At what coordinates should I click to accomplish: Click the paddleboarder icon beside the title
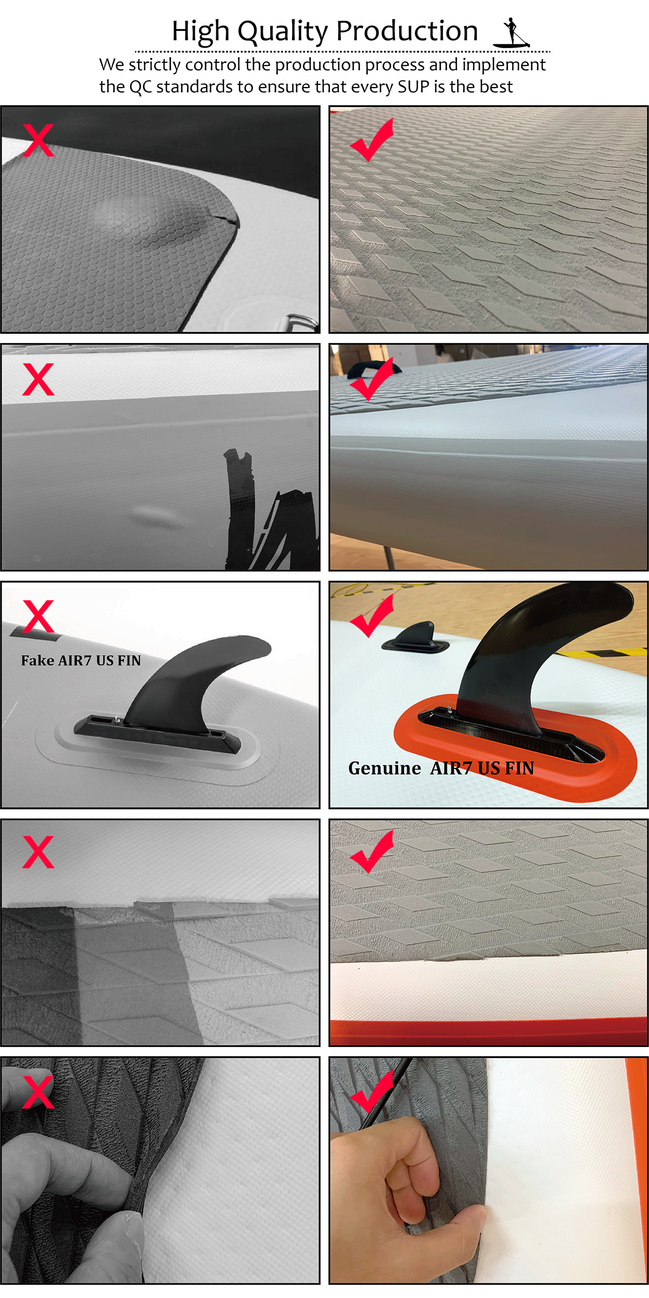click(512, 32)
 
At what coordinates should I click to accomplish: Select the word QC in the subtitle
click(141, 87)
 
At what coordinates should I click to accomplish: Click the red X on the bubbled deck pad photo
click(38, 141)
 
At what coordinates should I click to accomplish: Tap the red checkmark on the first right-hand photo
click(372, 140)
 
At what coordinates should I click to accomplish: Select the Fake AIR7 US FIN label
click(81, 660)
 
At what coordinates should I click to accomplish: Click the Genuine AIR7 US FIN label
click(441, 768)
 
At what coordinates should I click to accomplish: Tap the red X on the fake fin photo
click(38, 617)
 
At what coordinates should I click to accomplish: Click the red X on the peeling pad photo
click(38, 852)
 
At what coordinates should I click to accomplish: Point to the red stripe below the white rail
click(489, 1033)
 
